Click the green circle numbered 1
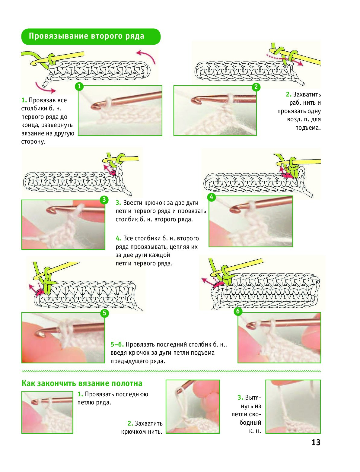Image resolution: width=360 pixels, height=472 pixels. [x=79, y=87]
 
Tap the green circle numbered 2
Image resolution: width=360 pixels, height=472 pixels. [x=256, y=87]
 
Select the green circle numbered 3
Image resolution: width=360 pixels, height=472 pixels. [x=104, y=200]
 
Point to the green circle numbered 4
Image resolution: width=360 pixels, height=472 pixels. [x=212, y=197]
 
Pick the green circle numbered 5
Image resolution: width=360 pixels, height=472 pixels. [x=104, y=313]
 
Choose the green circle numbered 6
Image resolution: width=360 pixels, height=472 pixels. [x=238, y=311]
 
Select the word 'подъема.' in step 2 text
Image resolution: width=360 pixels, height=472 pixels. [x=308, y=128]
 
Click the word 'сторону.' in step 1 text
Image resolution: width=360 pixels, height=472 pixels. [x=33, y=142]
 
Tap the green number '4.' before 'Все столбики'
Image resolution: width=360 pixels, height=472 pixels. [x=118, y=238]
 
